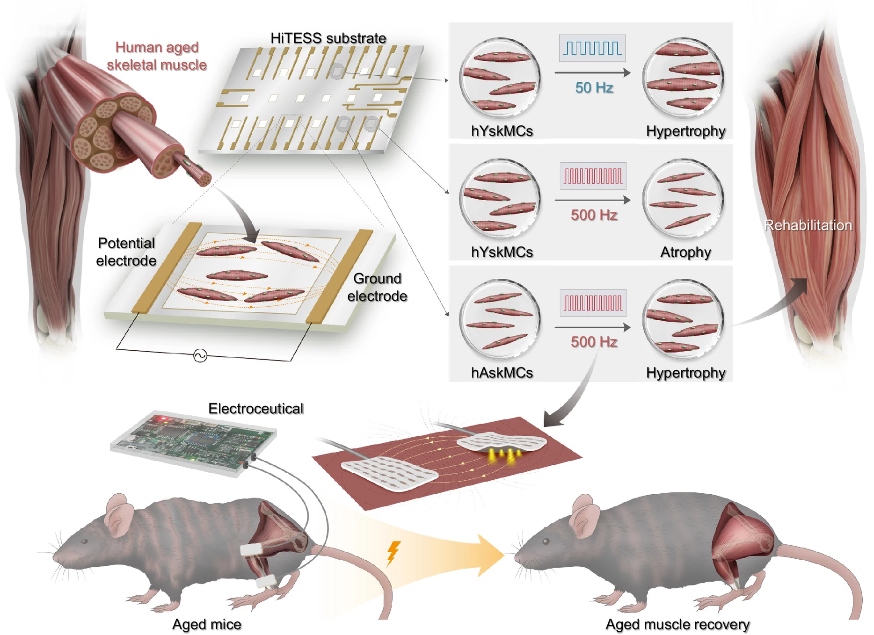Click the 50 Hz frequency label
tap(594, 87)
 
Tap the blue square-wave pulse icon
tap(592, 48)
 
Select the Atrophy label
tap(685, 252)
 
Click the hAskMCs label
tap(502, 373)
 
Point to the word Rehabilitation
tap(808, 225)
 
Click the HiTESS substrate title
tap(328, 38)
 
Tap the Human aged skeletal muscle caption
tap(157, 56)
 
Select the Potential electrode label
tap(126, 252)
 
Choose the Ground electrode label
tap(377, 287)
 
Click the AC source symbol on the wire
tap(200, 356)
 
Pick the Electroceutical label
tap(255, 408)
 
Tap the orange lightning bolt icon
tap(393, 553)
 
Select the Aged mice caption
tap(206, 624)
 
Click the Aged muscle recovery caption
tap(677, 624)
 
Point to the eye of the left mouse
tap(85, 541)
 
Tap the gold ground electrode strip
tap(339, 276)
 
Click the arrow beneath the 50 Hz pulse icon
tap(592, 72)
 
